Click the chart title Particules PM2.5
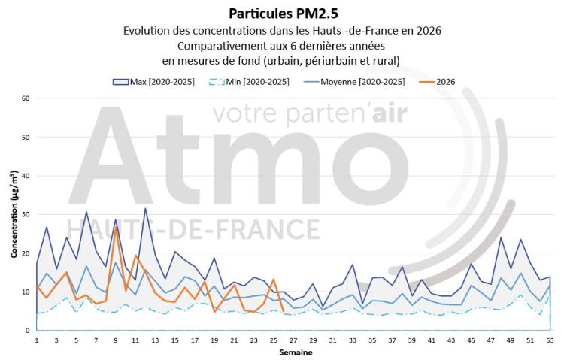point(284,14)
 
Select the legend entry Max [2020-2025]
point(153,82)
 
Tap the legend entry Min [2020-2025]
point(249,82)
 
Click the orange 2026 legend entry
point(438,82)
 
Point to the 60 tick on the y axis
point(25,98)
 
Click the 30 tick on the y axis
point(25,214)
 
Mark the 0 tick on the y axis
point(27,331)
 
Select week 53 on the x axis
point(550,340)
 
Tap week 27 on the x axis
point(293,340)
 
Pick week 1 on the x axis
point(37,340)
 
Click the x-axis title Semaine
point(296,352)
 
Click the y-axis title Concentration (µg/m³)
point(14,214)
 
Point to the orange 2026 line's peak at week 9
point(116,226)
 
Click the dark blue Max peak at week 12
point(145,208)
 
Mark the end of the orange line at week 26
point(284,311)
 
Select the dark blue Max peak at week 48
point(501,237)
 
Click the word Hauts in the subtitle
point(327,31)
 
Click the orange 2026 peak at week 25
point(274,279)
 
